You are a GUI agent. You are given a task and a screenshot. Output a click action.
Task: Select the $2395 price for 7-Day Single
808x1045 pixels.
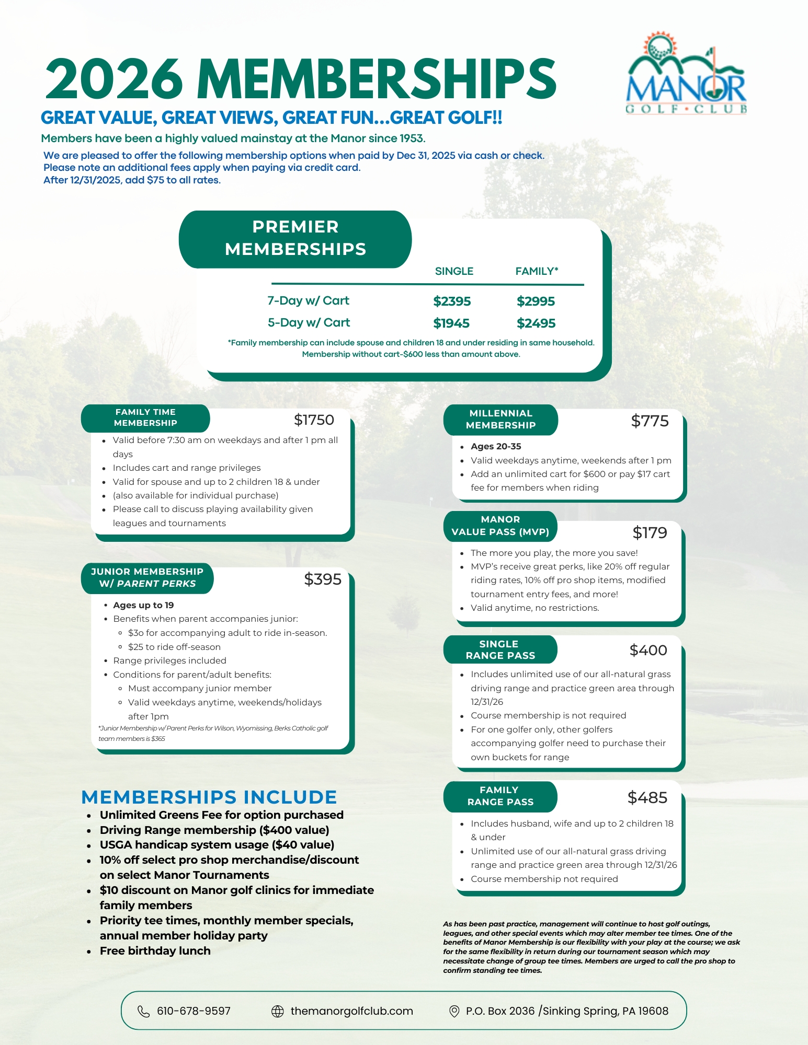pos(452,301)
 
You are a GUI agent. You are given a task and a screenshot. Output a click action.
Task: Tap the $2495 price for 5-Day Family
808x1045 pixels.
pos(536,323)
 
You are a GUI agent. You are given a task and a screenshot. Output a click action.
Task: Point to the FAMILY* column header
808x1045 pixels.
pos(537,271)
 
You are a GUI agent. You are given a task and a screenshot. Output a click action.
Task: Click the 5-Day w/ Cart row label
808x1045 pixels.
pos(309,323)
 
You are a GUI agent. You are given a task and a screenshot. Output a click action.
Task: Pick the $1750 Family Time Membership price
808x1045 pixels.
pos(314,420)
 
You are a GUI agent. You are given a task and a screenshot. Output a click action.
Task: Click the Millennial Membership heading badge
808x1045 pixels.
pos(500,420)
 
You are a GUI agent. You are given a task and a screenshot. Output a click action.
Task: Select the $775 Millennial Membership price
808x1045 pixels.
pos(650,421)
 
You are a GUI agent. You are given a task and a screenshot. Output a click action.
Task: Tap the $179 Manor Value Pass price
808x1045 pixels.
pos(650,533)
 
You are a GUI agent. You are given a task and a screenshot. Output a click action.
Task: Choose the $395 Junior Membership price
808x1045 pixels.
pos(323,579)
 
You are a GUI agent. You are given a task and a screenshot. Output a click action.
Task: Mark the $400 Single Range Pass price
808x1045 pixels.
pos(648,651)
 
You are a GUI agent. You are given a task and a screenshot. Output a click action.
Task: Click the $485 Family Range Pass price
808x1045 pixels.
pos(647,798)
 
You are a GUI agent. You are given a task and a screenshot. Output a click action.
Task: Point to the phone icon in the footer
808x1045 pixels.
pos(143,1011)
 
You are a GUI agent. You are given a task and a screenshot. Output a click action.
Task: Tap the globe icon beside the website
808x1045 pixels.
pos(278,1011)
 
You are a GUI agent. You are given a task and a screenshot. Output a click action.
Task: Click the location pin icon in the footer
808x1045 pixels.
pos(454,1011)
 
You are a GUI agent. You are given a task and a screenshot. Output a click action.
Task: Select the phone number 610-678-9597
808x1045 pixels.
pos(194,1011)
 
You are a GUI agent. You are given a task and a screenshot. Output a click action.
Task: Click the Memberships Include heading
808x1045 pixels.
pos(209,797)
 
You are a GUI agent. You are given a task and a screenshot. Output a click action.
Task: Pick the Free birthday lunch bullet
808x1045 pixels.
pos(155,951)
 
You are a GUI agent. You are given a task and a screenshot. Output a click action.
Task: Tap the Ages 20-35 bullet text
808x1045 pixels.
pos(496,447)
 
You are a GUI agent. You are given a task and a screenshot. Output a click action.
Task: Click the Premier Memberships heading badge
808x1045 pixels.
pos(295,239)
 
